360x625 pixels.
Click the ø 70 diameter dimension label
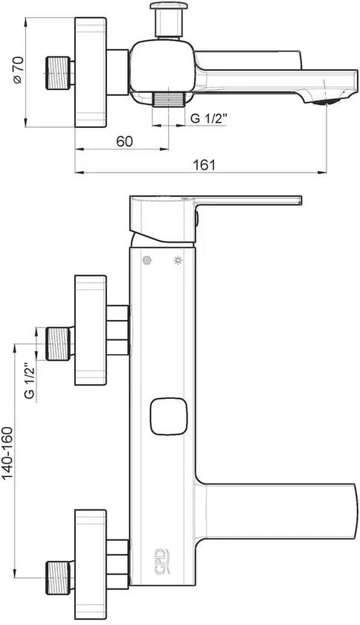point(19,70)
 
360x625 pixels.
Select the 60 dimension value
point(124,141)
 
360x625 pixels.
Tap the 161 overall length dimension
point(205,164)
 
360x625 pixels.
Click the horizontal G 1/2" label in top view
point(208,118)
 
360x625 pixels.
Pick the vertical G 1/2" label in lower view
point(30,380)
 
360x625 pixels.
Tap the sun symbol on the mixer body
point(178,261)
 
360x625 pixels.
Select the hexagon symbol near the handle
point(147,260)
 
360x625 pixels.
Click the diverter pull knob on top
point(169,20)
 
